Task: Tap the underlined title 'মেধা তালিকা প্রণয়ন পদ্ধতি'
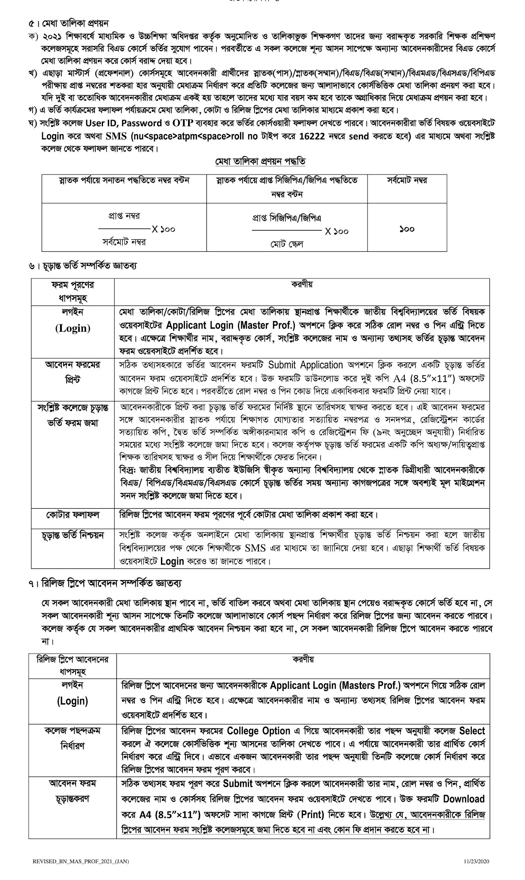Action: pos(260,162)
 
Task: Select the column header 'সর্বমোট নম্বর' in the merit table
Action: pos(407,180)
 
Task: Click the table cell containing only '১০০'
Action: pos(407,229)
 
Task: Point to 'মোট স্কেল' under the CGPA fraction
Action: pos(286,244)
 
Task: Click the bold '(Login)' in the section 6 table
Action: pos(73,328)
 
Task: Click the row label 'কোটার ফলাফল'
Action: pos(73,514)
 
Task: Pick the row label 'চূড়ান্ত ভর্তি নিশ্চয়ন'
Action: pos(73,535)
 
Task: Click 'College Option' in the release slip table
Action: pos(258,731)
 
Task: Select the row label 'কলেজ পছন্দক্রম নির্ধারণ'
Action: pos(73,738)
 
